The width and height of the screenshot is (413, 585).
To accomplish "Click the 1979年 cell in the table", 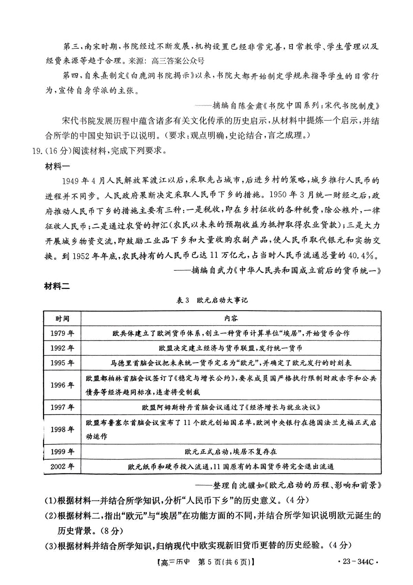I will click(x=62, y=333).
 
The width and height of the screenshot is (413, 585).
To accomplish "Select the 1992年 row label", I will click(x=62, y=348).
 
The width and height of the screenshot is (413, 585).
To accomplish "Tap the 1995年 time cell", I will click(x=62, y=363).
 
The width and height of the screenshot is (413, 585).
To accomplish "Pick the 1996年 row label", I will click(x=62, y=385).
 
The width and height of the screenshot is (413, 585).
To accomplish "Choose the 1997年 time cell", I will click(x=62, y=407).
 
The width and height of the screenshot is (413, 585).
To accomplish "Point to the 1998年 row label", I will click(x=62, y=430).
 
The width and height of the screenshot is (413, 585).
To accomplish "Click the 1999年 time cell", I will click(x=62, y=452).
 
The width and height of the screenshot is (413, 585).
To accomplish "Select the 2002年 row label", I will click(x=62, y=467).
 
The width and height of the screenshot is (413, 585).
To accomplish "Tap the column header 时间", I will click(x=62, y=319).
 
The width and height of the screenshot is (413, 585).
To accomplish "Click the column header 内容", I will click(x=231, y=319).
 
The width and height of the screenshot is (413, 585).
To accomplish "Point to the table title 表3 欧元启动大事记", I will click(x=212, y=300).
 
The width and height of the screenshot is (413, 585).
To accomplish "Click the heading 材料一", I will click(x=57, y=166).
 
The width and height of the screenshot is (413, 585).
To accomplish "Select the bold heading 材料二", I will click(x=57, y=286).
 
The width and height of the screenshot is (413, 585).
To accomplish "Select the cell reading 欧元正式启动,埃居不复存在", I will click(x=231, y=452).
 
